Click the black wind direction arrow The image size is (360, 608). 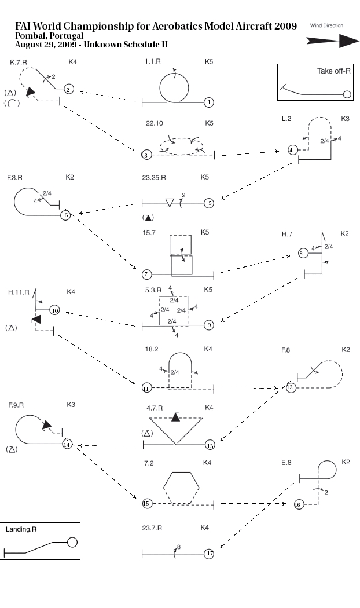333,41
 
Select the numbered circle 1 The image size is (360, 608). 209,102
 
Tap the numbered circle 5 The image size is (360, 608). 209,203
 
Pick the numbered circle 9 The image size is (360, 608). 209,325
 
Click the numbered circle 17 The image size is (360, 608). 209,554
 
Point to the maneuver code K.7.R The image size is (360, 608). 21,61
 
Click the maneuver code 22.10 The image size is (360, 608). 155,123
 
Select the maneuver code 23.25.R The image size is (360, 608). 153,177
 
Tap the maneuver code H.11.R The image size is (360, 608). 19,292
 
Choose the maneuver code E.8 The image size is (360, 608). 286,463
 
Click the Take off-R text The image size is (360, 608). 334,72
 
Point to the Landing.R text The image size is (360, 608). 21,529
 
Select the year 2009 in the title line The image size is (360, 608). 285,27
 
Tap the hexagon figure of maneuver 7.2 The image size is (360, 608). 182,488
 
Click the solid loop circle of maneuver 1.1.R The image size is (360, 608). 174,88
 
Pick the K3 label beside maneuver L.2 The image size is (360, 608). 345,119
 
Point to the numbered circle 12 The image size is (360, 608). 291,387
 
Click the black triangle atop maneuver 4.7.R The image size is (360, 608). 175,417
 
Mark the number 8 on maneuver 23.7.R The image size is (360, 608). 179,547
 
